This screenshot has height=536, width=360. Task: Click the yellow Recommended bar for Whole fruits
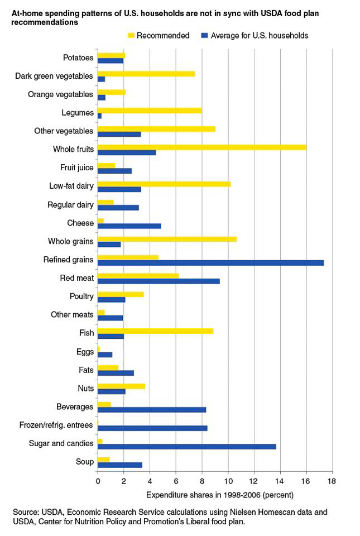[201, 147]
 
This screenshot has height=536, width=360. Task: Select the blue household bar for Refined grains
[210, 263]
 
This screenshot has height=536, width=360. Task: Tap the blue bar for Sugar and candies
[186, 446]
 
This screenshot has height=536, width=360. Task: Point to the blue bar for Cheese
[129, 226]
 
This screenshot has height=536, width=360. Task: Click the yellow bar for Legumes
[149, 111]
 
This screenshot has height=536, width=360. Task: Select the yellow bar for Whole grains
[167, 239]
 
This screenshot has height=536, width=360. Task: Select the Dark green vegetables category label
[54, 76]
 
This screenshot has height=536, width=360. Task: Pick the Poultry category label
[81, 296]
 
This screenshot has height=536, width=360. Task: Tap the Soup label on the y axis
[84, 462]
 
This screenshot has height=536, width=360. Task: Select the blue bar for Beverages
[152, 410]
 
